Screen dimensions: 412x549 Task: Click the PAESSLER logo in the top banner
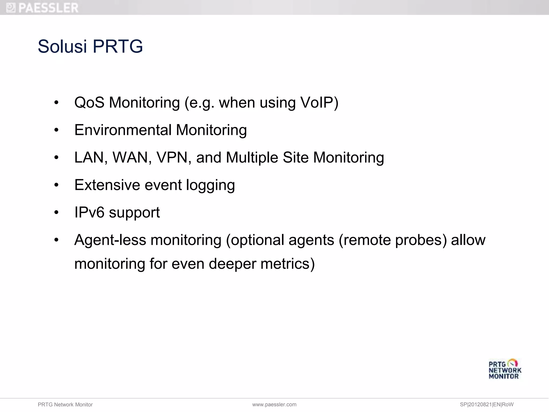point(42,8)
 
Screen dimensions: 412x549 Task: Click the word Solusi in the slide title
point(62,46)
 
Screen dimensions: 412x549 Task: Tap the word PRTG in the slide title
point(118,46)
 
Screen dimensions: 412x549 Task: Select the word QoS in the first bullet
point(89,102)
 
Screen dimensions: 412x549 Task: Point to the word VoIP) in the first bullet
point(319,102)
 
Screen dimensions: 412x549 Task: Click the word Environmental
point(123,130)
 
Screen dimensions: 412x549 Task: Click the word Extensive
point(107,185)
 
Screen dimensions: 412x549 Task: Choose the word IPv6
point(89,212)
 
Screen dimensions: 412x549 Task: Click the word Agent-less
point(110,240)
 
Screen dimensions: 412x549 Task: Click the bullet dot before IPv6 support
point(56,213)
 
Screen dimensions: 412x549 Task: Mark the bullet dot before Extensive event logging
point(56,185)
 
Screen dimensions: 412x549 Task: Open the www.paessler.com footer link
point(274,404)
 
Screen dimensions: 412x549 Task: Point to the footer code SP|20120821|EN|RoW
point(486,404)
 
